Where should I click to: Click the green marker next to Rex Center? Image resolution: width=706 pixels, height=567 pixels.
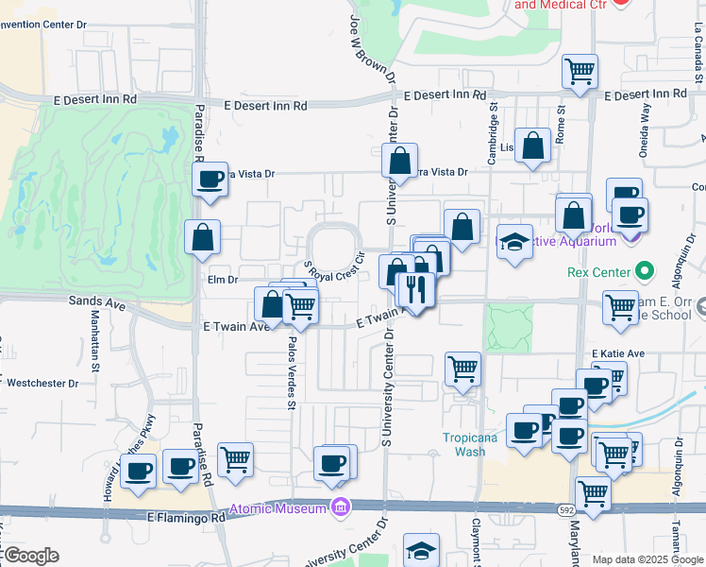(646, 272)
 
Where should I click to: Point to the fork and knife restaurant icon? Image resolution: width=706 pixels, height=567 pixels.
(416, 286)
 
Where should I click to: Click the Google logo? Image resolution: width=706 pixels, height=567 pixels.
(30, 556)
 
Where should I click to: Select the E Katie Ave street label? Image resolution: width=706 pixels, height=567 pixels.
(617, 353)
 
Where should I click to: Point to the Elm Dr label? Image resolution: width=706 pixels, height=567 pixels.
(220, 280)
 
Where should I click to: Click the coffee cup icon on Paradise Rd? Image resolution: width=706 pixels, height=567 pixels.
(210, 178)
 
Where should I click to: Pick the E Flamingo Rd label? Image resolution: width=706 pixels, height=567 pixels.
(187, 518)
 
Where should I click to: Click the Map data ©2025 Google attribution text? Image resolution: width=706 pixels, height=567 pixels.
(648, 559)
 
